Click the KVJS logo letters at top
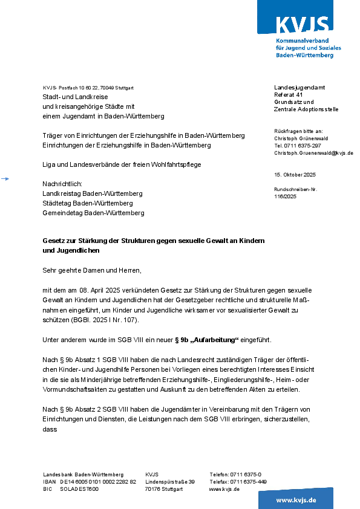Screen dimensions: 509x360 tap(303, 25)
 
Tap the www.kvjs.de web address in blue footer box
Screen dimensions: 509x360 tap(296, 500)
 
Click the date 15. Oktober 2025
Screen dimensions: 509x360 tap(295, 175)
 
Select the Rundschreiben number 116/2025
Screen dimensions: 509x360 tap(285, 196)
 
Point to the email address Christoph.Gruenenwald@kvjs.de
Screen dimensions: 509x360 tap(313, 154)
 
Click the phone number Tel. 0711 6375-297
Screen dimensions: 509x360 tap(298, 146)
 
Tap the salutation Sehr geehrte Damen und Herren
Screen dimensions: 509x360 tap(91, 270)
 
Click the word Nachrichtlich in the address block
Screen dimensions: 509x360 tap(62, 183)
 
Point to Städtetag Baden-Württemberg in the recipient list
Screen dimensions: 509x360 tap(87, 203)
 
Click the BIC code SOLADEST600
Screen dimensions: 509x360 tap(79, 489)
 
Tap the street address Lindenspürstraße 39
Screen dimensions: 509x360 tap(170, 482)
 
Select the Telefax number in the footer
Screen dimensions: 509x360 tap(238, 482)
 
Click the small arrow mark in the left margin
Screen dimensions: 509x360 tap(5, 178)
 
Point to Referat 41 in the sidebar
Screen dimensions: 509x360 tap(288, 95)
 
